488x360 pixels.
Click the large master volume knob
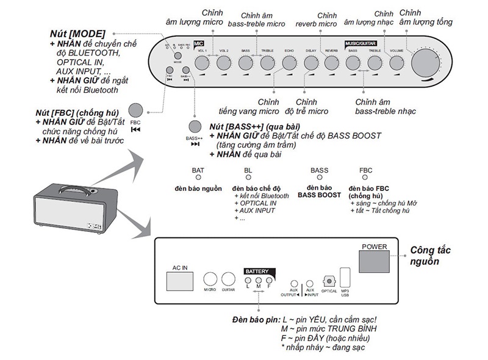[426, 63]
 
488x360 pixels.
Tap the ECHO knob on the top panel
[289, 63]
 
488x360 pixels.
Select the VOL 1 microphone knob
[202, 63]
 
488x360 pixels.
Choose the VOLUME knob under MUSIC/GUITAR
[396, 63]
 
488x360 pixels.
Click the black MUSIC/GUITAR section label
[359, 44]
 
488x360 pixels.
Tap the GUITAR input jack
[228, 279]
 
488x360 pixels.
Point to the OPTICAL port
[329, 281]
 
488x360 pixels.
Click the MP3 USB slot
[345, 277]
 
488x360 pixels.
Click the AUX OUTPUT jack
[295, 283]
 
